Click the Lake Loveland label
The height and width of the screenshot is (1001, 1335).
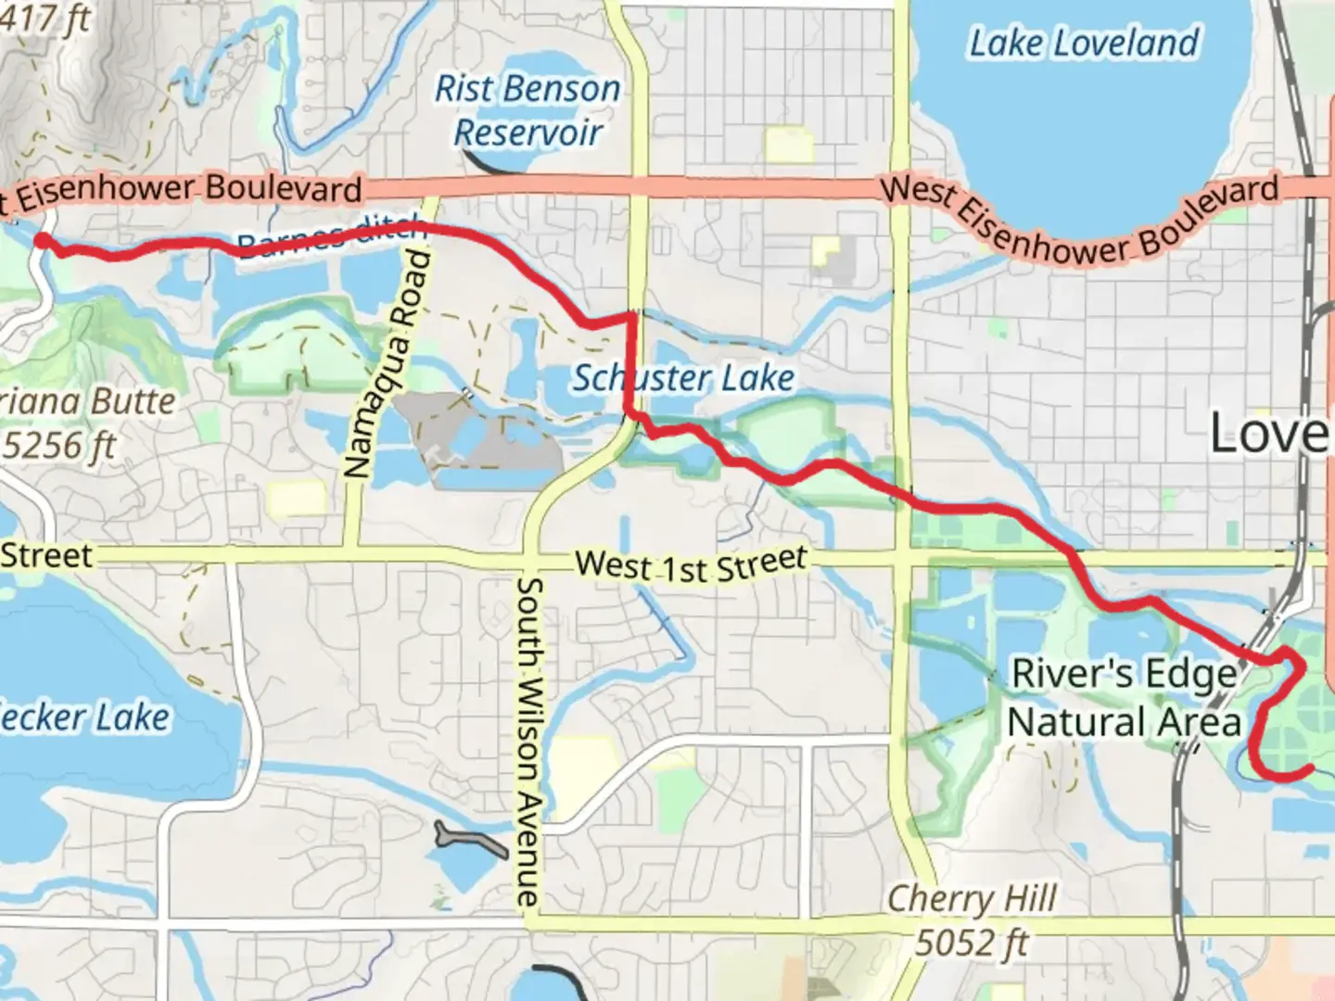pyautogui.click(x=1084, y=44)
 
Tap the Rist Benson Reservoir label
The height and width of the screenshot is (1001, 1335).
pyautogui.click(x=528, y=110)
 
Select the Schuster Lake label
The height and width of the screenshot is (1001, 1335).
pyautogui.click(x=682, y=378)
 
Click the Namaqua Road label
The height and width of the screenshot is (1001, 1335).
pyautogui.click(x=388, y=361)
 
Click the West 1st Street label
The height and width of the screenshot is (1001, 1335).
pyautogui.click(x=691, y=564)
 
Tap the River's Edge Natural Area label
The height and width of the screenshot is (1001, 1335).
pyautogui.click(x=1124, y=698)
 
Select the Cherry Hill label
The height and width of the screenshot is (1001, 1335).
pyautogui.click(x=972, y=898)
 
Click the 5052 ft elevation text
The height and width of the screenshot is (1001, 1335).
pyautogui.click(x=972, y=943)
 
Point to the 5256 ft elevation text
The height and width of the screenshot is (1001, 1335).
pyautogui.click(x=60, y=446)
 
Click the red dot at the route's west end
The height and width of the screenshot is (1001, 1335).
pyautogui.click(x=43, y=241)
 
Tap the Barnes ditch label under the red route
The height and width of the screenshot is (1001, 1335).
pyautogui.click(x=330, y=237)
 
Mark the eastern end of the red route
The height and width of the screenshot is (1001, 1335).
pyautogui.click(x=1308, y=768)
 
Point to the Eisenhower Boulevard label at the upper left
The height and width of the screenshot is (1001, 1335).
pyautogui.click(x=181, y=191)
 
